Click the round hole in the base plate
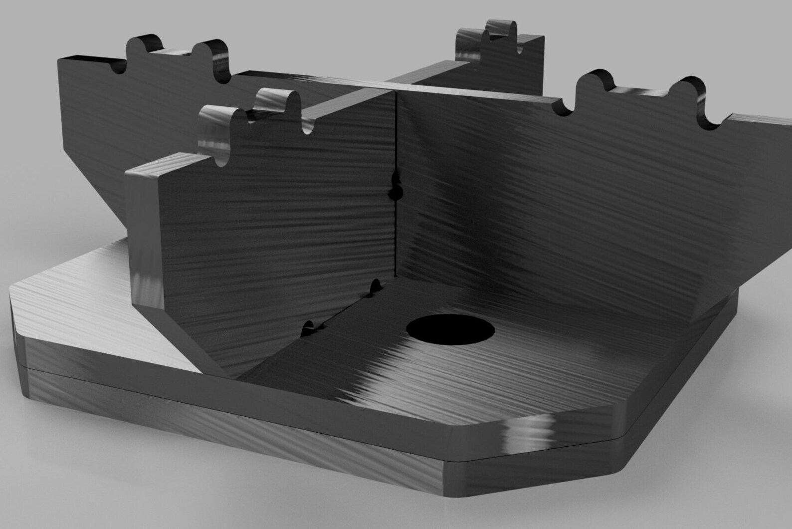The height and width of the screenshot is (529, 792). tap(450, 329)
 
